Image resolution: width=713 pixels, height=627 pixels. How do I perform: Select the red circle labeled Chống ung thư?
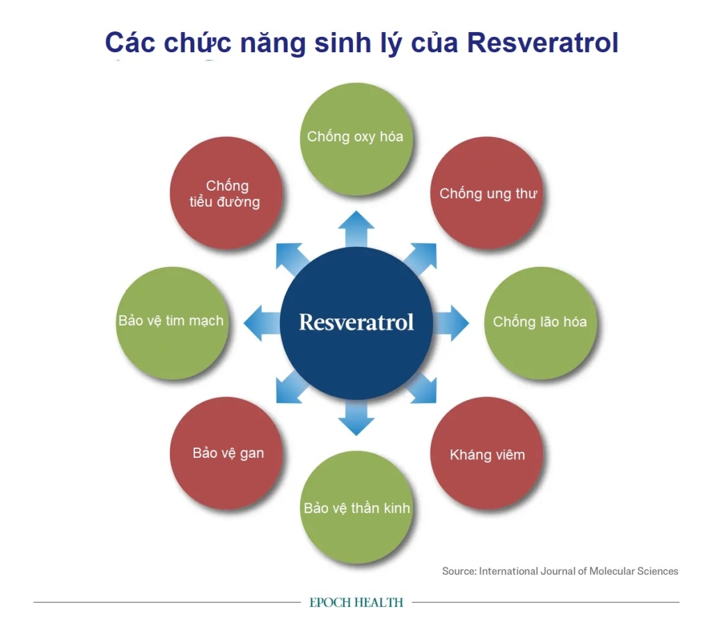click(x=487, y=193)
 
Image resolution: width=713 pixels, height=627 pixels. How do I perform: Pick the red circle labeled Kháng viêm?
click(x=487, y=454)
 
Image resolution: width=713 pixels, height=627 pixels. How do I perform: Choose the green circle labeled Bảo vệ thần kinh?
click(x=356, y=507)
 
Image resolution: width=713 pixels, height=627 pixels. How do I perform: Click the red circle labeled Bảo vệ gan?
click(x=227, y=454)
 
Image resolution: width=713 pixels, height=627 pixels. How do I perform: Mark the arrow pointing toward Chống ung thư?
click(x=421, y=257)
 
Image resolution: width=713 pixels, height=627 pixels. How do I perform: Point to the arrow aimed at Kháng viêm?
click(x=422, y=388)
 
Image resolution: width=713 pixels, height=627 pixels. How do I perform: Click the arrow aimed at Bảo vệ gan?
click(x=290, y=388)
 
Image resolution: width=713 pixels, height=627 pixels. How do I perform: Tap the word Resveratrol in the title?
click(x=542, y=43)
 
